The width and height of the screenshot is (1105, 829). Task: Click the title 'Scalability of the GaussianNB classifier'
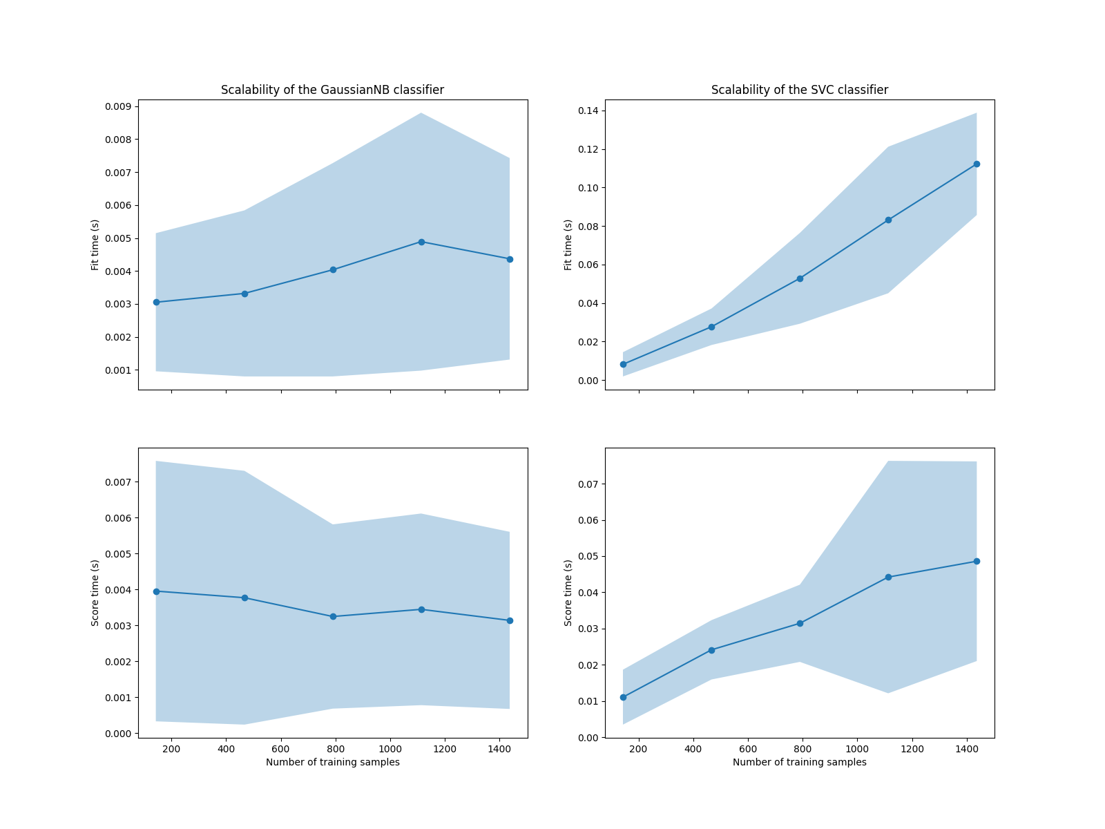[x=332, y=90]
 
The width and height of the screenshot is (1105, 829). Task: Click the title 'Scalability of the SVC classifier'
[x=799, y=90]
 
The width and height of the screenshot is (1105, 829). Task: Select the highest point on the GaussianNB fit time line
[x=421, y=242]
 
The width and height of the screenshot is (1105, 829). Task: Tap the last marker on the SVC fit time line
[x=977, y=164]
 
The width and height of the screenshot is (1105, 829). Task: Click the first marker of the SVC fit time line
[x=623, y=364]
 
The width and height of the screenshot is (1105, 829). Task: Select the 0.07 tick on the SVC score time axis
[x=589, y=484]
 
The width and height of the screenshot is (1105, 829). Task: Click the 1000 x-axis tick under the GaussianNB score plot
[x=390, y=749]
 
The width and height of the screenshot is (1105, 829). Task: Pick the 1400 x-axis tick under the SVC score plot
[x=967, y=749]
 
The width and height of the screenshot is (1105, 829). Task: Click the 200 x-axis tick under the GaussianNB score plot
[x=171, y=749]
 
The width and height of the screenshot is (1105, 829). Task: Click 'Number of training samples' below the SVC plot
[x=799, y=762]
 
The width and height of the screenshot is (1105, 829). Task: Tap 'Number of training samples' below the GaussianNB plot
[x=332, y=762]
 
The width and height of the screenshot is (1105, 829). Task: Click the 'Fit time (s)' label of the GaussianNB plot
[x=95, y=245]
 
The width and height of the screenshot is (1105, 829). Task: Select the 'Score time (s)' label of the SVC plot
[x=568, y=593]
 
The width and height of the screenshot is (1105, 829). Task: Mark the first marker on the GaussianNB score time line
[x=156, y=591]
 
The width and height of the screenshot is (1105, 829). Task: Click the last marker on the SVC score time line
[x=977, y=561]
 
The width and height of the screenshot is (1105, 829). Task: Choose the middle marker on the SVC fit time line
[x=800, y=278]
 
